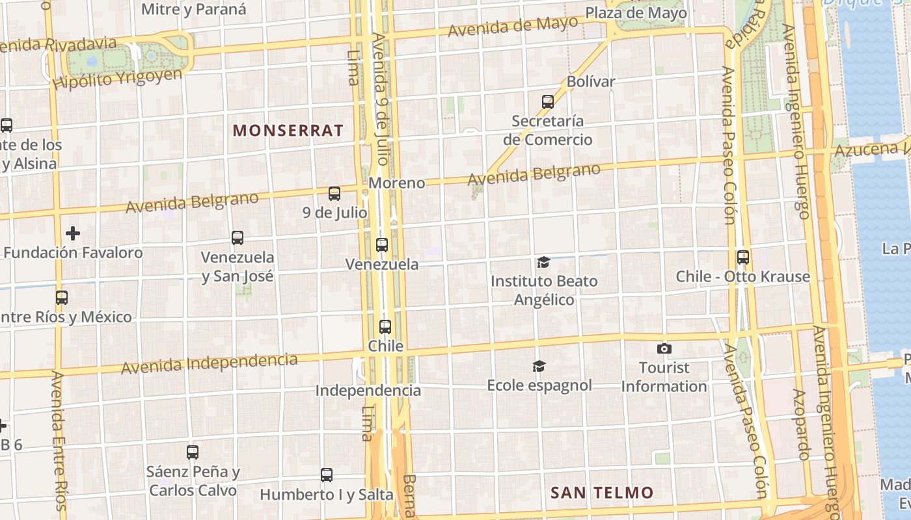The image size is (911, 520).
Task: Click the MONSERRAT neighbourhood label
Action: pos(288,131)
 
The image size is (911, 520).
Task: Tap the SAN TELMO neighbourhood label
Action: pos(602,493)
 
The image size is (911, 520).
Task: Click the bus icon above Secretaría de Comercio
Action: pos(548,102)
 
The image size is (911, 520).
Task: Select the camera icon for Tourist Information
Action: pos(664,349)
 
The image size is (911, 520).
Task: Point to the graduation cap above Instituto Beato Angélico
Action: pos(543,263)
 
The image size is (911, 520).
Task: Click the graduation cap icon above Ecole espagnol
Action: pos(539,367)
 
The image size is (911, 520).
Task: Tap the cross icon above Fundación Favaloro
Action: pos(73,233)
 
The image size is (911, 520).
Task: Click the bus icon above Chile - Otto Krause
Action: pos(743,257)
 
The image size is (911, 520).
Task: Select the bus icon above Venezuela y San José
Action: pos(238,238)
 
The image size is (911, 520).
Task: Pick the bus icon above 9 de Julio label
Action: pos(334,194)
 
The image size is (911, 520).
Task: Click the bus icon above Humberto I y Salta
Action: pos(327,475)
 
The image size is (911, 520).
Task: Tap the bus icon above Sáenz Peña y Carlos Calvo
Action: pos(193,452)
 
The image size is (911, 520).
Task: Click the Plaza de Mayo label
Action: pos(636,13)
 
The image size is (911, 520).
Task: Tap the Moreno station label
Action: pos(396,183)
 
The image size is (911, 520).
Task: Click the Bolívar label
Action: pos(591,82)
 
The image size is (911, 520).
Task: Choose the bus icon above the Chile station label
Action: pos(385,327)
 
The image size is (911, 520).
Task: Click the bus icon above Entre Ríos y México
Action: pos(62,298)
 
